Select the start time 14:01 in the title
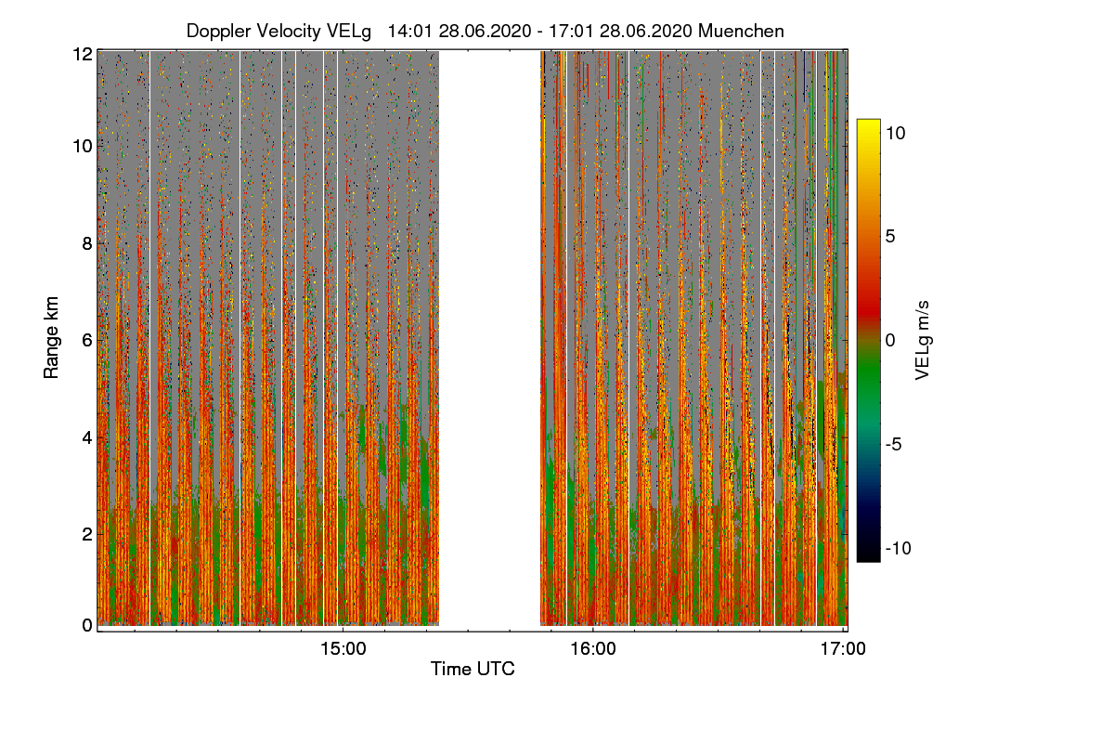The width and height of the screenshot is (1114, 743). pyautogui.click(x=408, y=31)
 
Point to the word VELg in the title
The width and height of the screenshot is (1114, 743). pyautogui.click(x=348, y=31)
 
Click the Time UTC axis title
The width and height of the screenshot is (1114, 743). pyautogui.click(x=472, y=669)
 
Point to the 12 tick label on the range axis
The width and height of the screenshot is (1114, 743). pyautogui.click(x=82, y=54)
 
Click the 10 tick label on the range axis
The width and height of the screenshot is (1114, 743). pyautogui.click(x=82, y=147)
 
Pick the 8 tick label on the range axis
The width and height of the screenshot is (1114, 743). pyautogui.click(x=86, y=244)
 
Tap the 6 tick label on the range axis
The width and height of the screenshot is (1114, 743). pyautogui.click(x=86, y=341)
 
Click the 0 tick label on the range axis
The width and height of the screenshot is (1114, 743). pyautogui.click(x=86, y=626)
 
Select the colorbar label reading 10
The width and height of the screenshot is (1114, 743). pyautogui.click(x=895, y=133)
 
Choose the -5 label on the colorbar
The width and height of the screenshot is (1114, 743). pyautogui.click(x=895, y=444)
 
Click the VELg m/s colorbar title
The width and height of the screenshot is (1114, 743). pyautogui.click(x=922, y=340)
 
